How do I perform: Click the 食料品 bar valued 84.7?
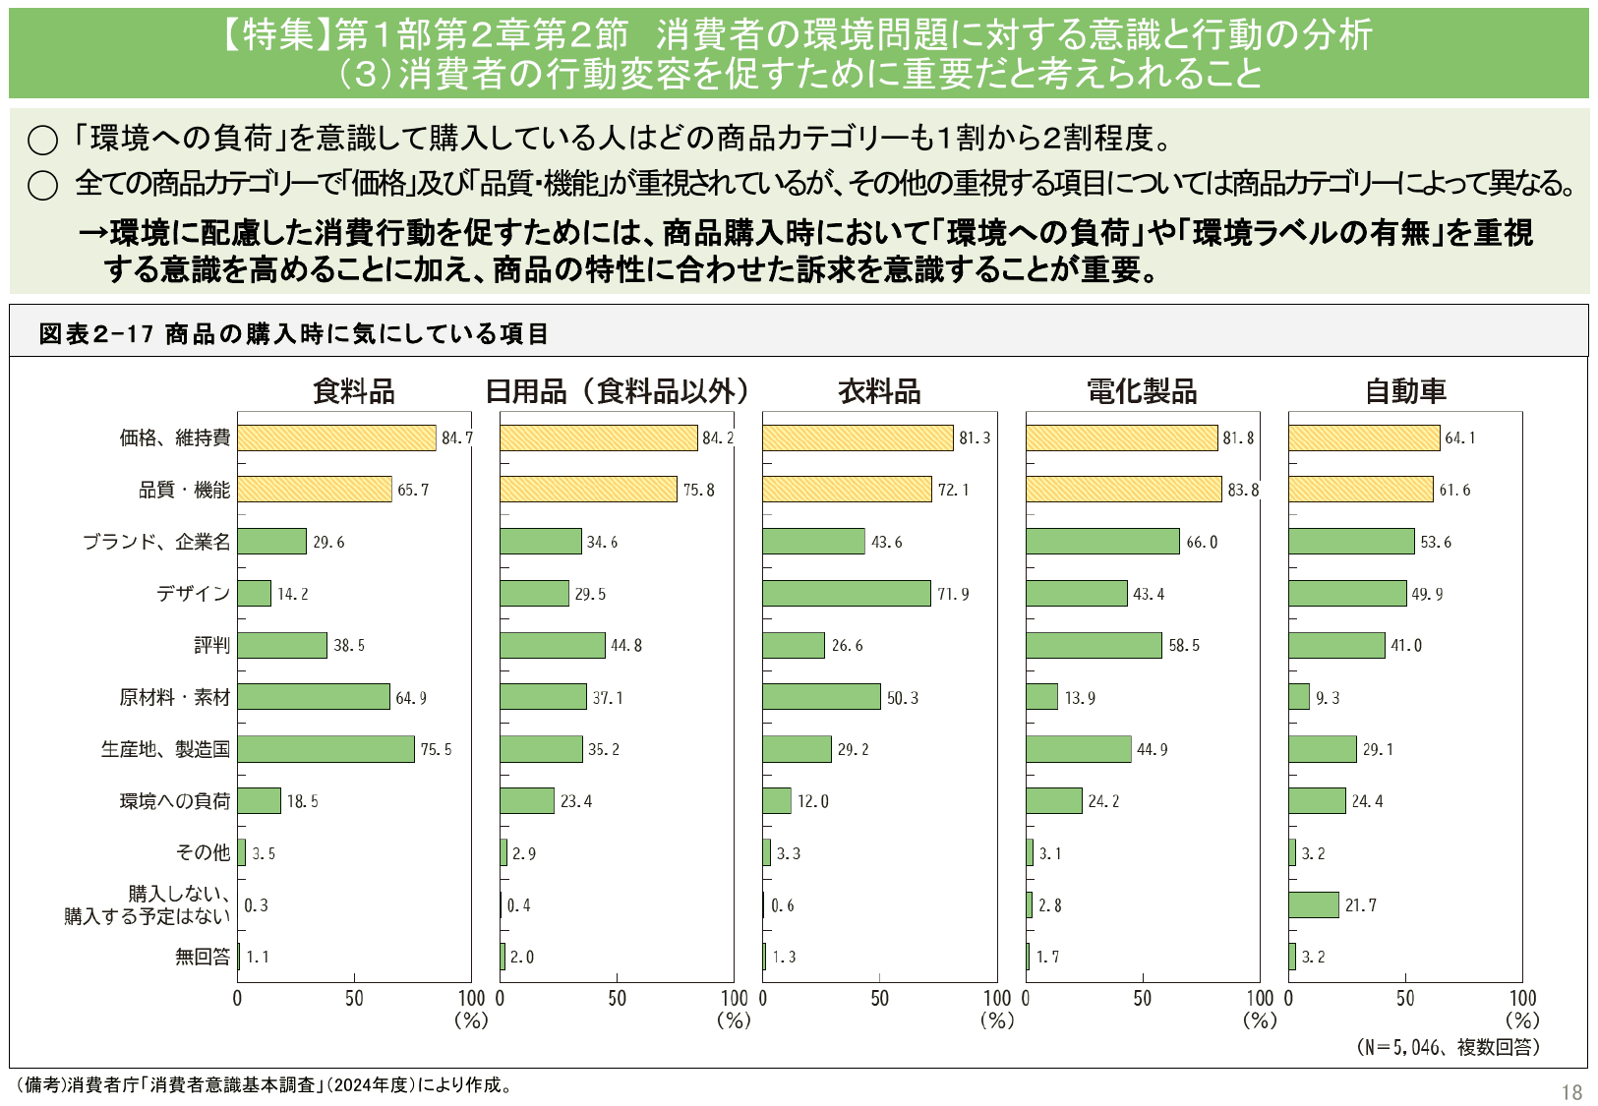click(x=336, y=438)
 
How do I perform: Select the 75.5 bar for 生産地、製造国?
click(x=326, y=749)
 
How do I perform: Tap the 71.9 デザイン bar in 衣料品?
click(x=846, y=594)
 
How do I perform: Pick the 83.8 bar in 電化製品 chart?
click(x=1123, y=490)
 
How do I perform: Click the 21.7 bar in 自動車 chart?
click(x=1314, y=905)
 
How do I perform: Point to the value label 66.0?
click(x=1202, y=543)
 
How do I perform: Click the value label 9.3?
click(x=1328, y=698)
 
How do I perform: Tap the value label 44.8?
click(x=626, y=646)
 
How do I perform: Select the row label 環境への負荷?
click(x=175, y=801)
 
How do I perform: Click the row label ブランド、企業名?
click(x=156, y=542)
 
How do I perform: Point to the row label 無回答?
click(x=203, y=957)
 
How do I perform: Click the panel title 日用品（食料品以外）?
click(x=617, y=391)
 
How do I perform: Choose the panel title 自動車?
click(x=1405, y=391)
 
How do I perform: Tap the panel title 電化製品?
click(x=1142, y=391)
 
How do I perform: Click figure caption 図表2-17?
click(x=96, y=334)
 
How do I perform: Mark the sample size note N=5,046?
click(x=1448, y=1047)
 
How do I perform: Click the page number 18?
click(x=1570, y=1092)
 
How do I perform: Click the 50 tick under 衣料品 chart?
click(x=879, y=999)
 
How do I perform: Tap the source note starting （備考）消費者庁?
click(x=264, y=1085)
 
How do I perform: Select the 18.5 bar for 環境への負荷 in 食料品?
click(x=259, y=801)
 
